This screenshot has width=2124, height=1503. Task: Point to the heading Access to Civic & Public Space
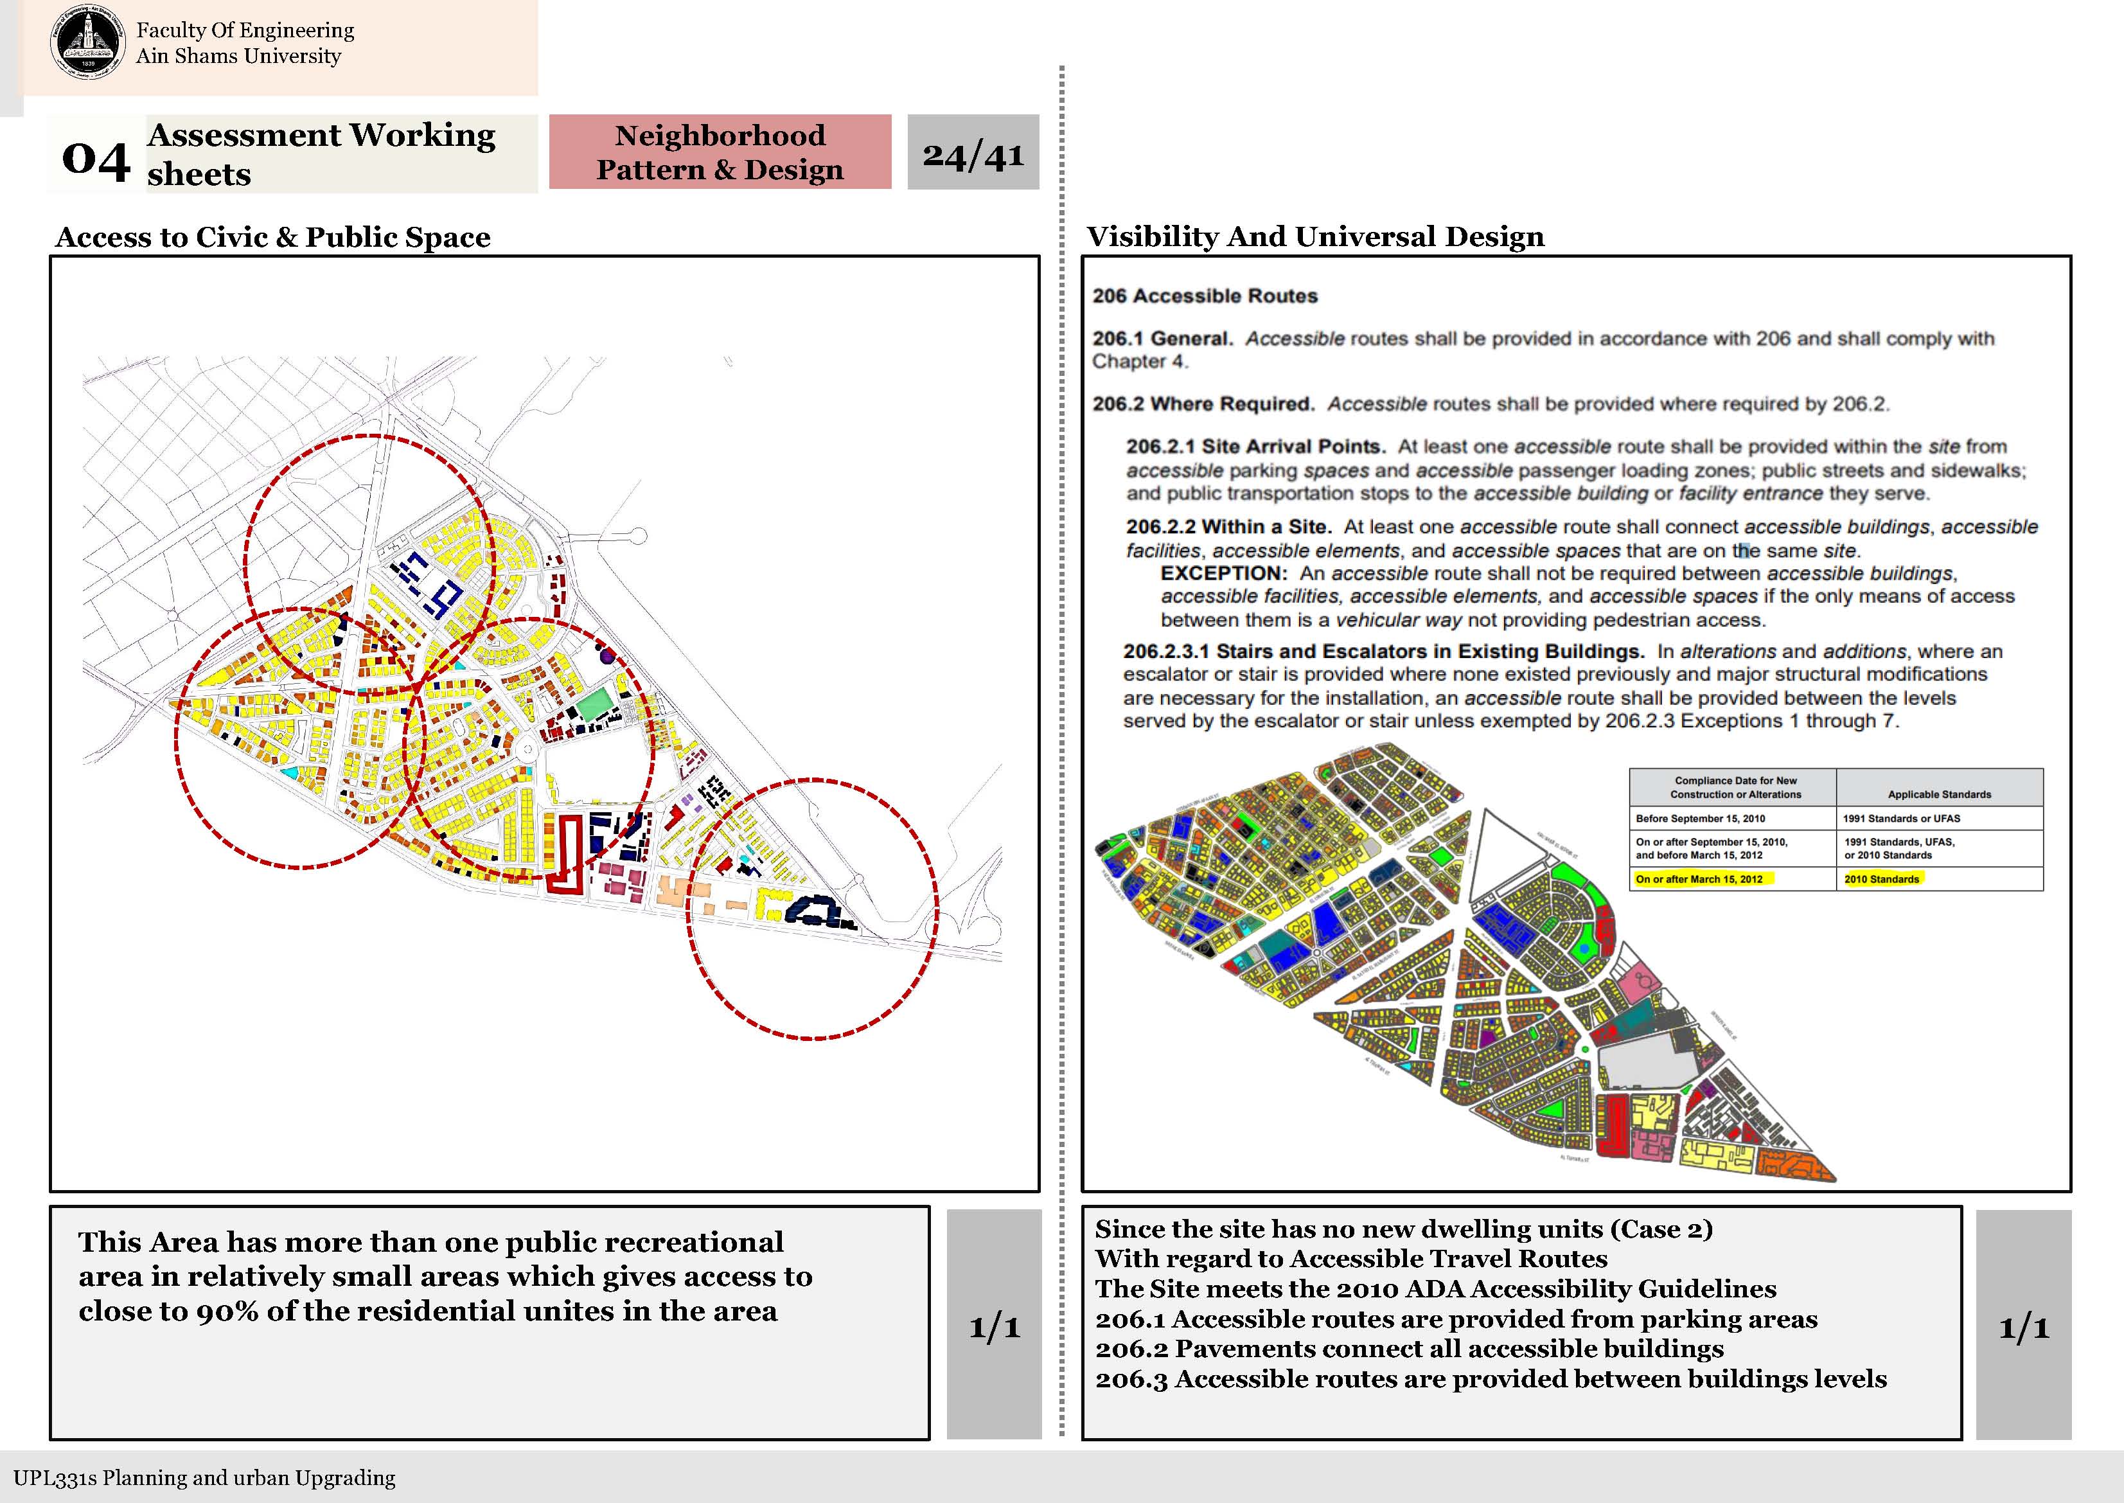(x=273, y=237)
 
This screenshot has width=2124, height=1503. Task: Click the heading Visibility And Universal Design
(x=1314, y=237)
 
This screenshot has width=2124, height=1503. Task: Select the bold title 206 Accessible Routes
(x=1205, y=296)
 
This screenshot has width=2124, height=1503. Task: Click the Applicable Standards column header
(x=1939, y=794)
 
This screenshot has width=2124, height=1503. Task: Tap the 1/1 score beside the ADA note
(x=2023, y=1328)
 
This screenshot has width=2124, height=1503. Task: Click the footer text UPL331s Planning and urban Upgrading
(x=204, y=1478)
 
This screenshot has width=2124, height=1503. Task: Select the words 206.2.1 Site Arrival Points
(x=1254, y=447)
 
